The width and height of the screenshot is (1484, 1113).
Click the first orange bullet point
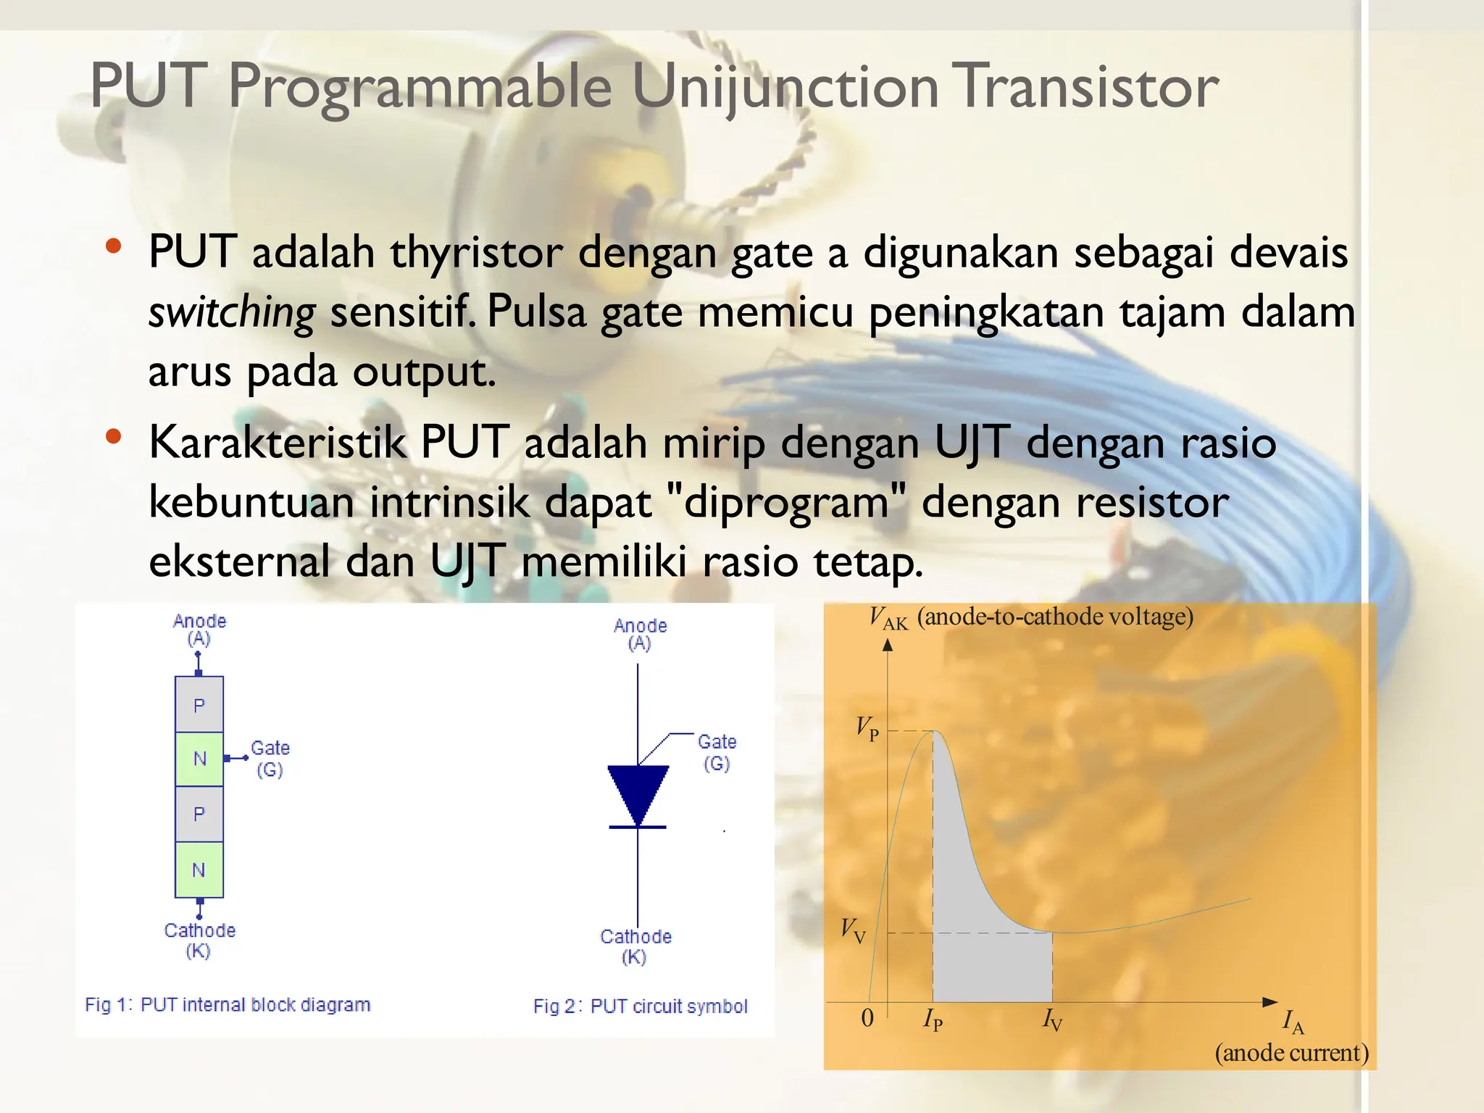coord(112,246)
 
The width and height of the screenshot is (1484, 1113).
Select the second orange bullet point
coord(112,436)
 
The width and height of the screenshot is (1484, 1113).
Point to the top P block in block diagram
coord(199,705)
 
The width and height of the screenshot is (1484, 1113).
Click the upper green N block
coord(199,759)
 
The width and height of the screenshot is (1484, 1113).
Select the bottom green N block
coord(199,870)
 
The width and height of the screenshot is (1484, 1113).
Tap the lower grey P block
coord(199,814)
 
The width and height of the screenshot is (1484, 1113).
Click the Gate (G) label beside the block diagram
coord(270,759)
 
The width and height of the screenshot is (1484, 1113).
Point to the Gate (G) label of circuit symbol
coord(717,752)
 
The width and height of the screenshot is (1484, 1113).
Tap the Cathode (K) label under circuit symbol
coord(635,946)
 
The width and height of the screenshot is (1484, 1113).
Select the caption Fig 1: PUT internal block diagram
coord(228,1005)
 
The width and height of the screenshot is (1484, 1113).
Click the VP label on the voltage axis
coord(867,728)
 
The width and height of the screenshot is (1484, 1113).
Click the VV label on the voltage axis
coord(853,930)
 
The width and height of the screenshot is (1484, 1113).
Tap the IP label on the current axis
coord(933,1020)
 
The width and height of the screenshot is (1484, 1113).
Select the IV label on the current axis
coord(1052,1020)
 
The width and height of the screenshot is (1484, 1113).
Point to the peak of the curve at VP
coord(933,731)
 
